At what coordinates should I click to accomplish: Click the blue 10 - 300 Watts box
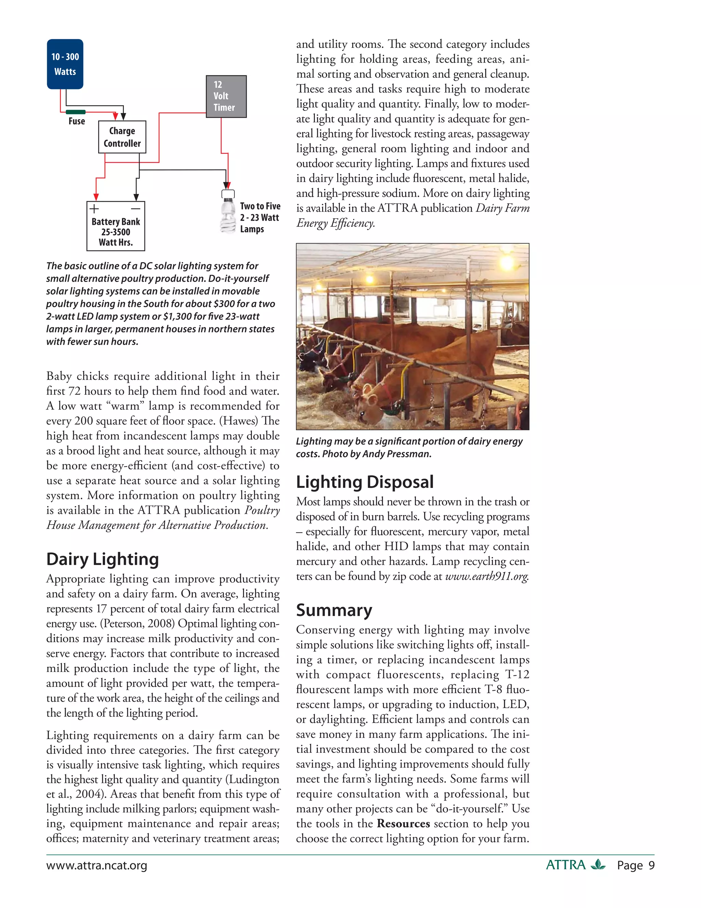point(65,64)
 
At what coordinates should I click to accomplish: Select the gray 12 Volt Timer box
point(226,97)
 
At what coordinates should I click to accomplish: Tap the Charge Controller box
point(122,137)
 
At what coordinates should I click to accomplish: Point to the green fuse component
point(76,112)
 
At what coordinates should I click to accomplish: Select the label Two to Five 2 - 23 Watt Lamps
point(260,218)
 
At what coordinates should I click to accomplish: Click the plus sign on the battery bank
point(95,208)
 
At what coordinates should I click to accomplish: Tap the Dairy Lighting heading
point(103,559)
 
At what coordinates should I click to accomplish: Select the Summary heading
point(334,610)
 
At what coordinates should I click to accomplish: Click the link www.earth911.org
point(486,577)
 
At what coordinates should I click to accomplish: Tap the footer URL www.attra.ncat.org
point(97,866)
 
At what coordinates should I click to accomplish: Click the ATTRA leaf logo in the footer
point(598,865)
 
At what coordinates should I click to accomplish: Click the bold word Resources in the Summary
point(403,824)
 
